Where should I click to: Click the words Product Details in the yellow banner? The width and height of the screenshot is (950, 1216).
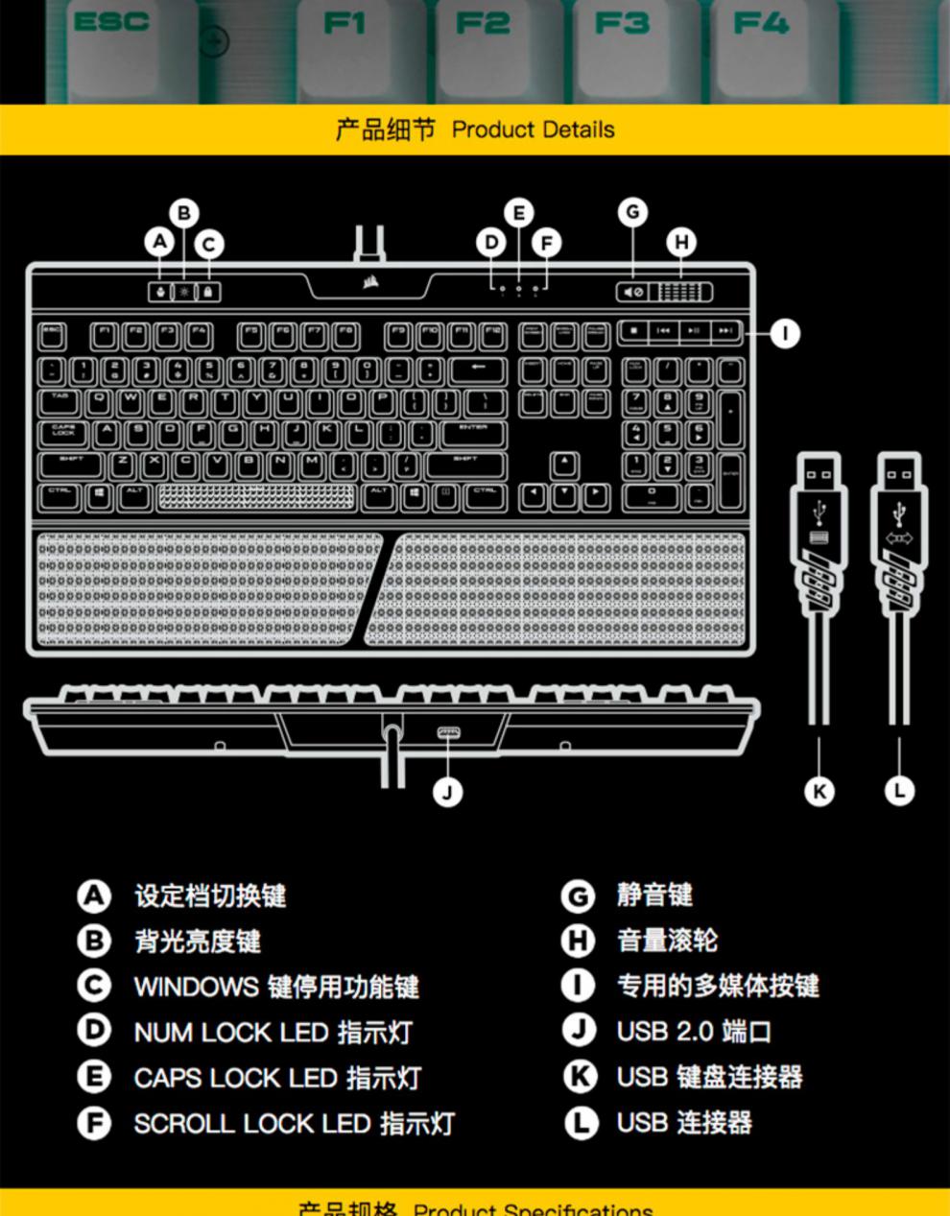coord(533,130)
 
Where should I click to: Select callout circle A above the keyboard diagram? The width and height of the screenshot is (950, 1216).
coord(160,242)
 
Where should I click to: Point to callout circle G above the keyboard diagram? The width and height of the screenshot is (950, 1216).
coord(631,212)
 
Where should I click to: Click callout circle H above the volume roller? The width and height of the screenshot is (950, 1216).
coord(681,242)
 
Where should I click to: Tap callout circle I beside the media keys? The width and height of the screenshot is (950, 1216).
coord(785,333)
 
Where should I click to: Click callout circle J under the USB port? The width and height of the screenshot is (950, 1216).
coord(447,792)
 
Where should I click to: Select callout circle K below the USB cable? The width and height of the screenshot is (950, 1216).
coord(819,792)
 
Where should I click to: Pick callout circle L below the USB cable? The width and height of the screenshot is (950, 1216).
coord(899,792)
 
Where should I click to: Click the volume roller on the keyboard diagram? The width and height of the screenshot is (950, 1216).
coord(686,292)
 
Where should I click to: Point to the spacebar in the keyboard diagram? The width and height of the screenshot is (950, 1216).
coord(254,496)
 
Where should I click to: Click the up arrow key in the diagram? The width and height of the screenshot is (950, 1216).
coord(565,465)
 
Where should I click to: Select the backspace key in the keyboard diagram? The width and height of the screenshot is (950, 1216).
coord(477,370)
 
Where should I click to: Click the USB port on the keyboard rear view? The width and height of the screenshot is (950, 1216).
coord(447,734)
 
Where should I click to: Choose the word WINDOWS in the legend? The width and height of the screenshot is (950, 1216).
coord(197,987)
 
